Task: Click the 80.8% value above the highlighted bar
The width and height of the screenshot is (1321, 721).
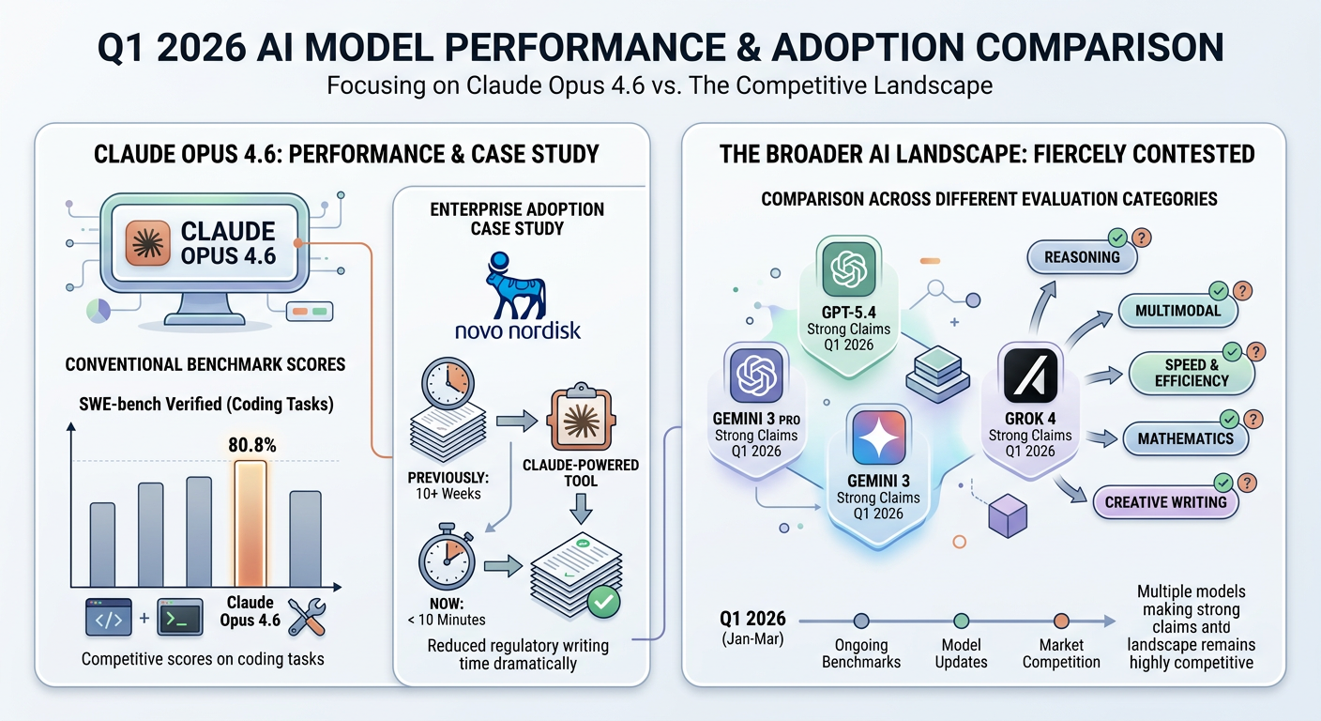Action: point(251,447)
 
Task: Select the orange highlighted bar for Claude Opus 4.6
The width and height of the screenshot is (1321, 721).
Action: point(250,525)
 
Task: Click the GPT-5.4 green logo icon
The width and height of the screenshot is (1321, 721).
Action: point(848,268)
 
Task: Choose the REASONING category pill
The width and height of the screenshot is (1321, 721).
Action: point(1082,257)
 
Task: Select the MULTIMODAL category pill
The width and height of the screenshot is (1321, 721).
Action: point(1177,310)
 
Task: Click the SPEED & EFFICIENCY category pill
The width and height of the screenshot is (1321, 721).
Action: point(1191,372)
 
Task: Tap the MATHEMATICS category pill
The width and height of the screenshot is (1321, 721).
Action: point(1185,438)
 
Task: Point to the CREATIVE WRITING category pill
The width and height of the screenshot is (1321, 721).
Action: point(1164,502)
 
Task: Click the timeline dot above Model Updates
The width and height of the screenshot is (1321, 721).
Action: point(962,621)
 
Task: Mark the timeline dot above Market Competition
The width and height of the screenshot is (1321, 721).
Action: point(1061,621)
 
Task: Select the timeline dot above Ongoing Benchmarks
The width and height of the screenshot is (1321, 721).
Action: point(861,621)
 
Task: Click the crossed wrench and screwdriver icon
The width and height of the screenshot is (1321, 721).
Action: point(306,616)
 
